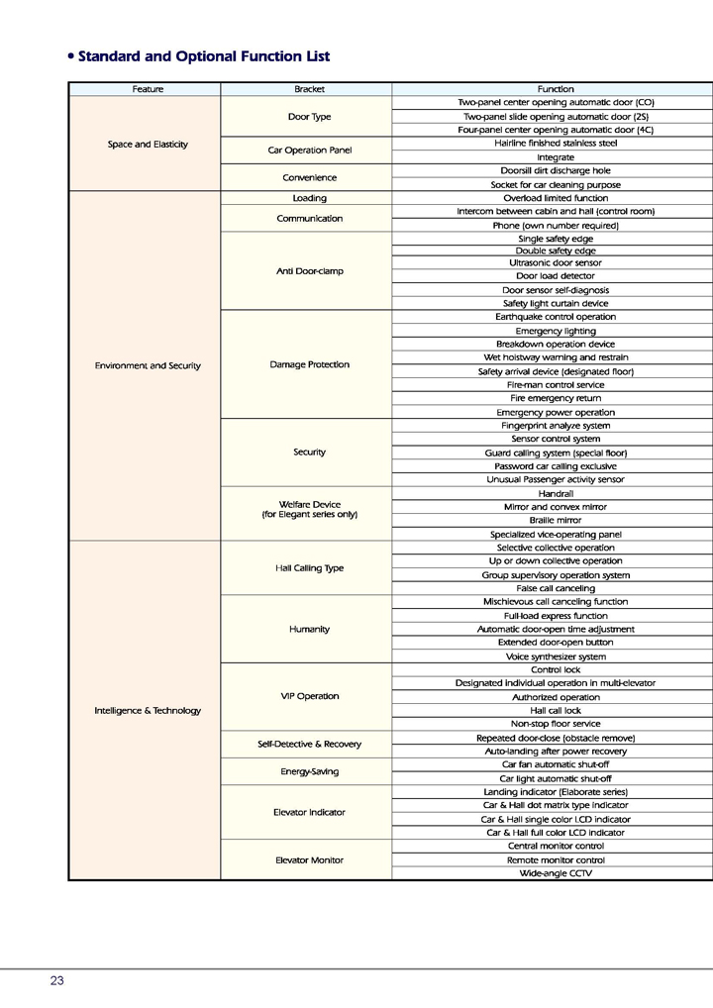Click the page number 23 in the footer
(57, 980)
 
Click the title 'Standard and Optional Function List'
(203, 56)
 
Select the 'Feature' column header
(148, 89)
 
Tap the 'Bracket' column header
(309, 89)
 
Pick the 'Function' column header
(556, 89)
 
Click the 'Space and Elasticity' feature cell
(148, 145)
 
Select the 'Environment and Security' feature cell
(148, 365)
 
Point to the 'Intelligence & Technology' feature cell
(148, 710)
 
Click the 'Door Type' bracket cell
(309, 117)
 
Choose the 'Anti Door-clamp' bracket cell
(309, 271)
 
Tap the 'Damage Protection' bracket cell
(309, 364)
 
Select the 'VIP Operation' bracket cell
(309, 696)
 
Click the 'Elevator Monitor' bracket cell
(309, 859)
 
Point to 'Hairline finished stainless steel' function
(556, 144)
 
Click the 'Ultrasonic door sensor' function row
(556, 263)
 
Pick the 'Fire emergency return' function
(556, 398)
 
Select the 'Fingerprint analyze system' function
(556, 426)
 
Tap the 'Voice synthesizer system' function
(556, 656)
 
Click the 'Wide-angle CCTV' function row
(556, 873)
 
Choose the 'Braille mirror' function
(556, 520)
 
